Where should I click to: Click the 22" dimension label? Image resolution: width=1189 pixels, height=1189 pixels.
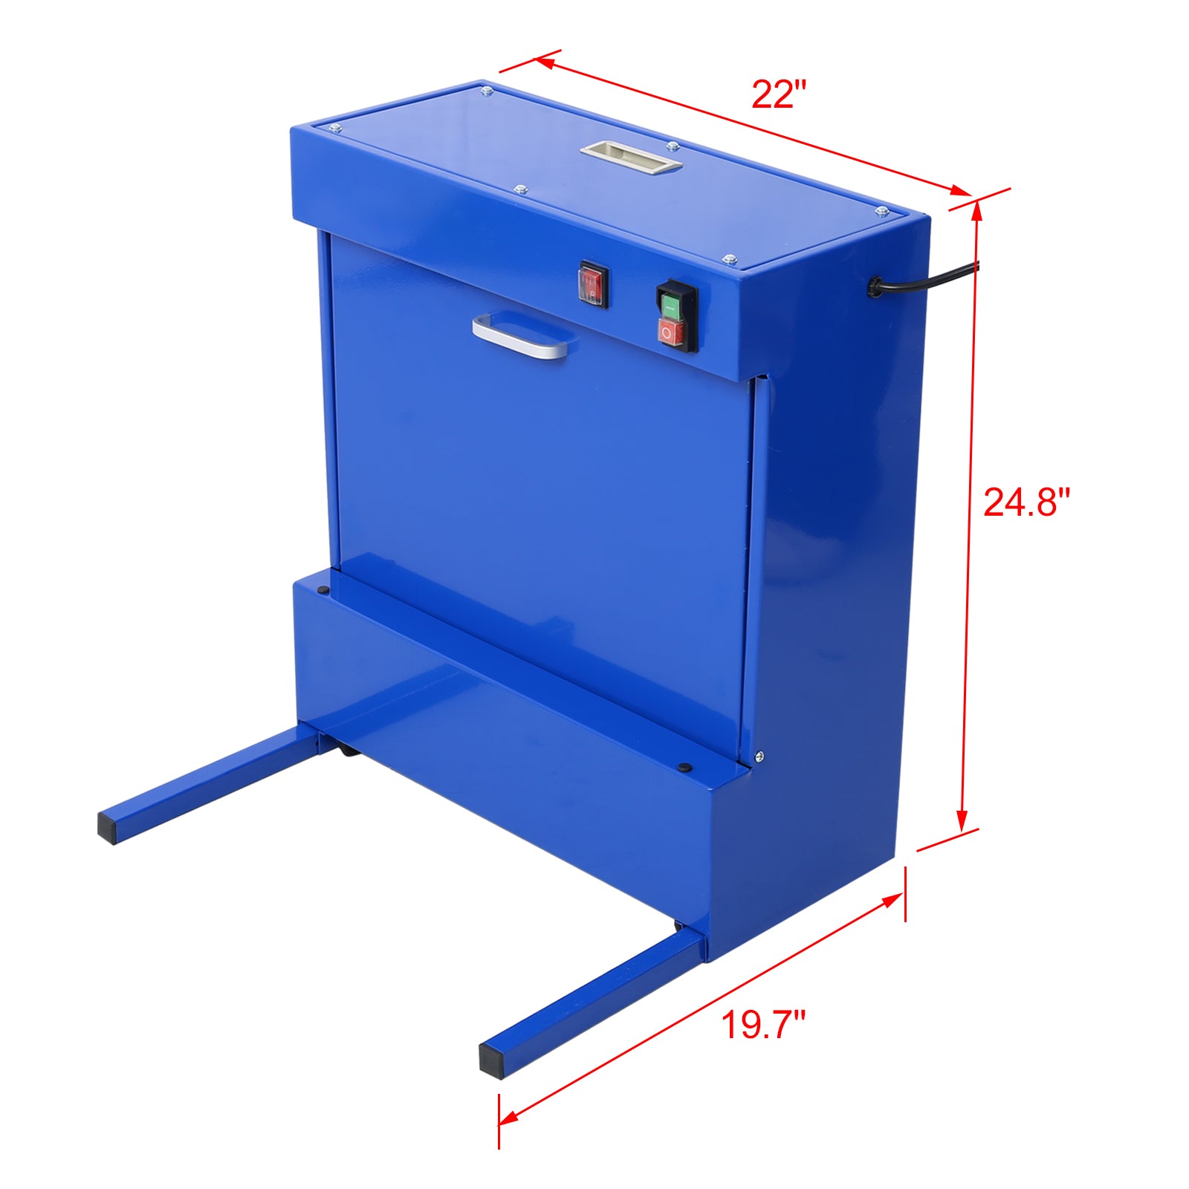click(778, 95)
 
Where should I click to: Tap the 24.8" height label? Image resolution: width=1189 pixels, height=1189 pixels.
click(1026, 502)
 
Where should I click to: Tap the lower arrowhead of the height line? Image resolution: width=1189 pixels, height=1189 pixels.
click(962, 821)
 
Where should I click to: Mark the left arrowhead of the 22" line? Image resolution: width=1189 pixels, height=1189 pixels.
click(544, 62)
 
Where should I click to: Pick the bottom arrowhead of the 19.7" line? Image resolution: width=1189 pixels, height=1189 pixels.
click(508, 1138)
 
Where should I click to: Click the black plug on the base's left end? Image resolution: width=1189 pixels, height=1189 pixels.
click(323, 591)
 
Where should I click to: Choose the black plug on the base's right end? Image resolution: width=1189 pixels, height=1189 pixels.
click(685, 768)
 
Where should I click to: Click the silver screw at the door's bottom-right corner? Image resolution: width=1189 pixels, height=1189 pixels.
click(759, 757)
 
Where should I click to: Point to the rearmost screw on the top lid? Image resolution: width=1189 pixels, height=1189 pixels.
click(487, 91)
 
